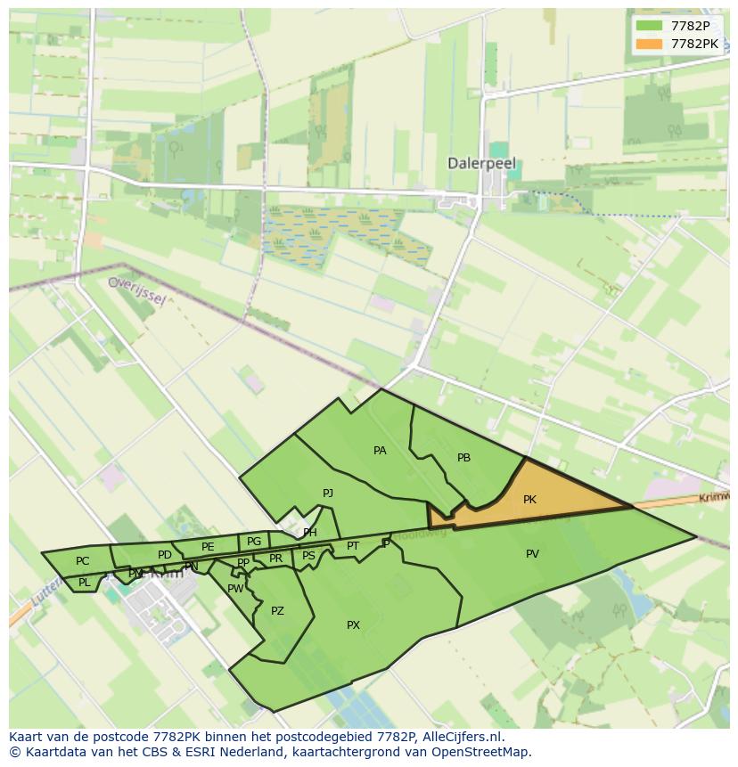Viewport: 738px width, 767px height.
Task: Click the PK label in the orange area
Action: coord(529,500)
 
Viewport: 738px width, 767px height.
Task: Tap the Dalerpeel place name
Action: coord(482,164)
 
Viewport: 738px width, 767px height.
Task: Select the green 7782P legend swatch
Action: coord(648,27)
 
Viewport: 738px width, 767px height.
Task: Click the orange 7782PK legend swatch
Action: coord(648,44)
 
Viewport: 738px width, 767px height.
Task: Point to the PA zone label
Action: coord(380,451)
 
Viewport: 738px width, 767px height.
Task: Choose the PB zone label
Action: coord(463,458)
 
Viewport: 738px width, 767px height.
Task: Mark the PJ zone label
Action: coord(328,493)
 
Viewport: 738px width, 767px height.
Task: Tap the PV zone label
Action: coord(532,554)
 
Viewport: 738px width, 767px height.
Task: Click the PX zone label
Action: coord(353,625)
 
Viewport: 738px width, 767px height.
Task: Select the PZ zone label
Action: coord(277,611)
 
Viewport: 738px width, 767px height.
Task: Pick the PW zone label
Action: coord(235,589)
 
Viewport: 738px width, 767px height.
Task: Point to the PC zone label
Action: coord(82,561)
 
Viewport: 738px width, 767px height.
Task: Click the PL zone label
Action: coord(84,583)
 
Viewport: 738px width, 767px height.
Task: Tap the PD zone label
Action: coord(164,555)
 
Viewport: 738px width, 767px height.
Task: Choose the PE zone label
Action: coord(208,547)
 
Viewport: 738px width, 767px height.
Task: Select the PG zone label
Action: coord(254,542)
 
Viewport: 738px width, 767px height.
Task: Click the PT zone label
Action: coord(353,546)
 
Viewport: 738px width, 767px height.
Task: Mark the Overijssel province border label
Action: coord(136,290)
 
